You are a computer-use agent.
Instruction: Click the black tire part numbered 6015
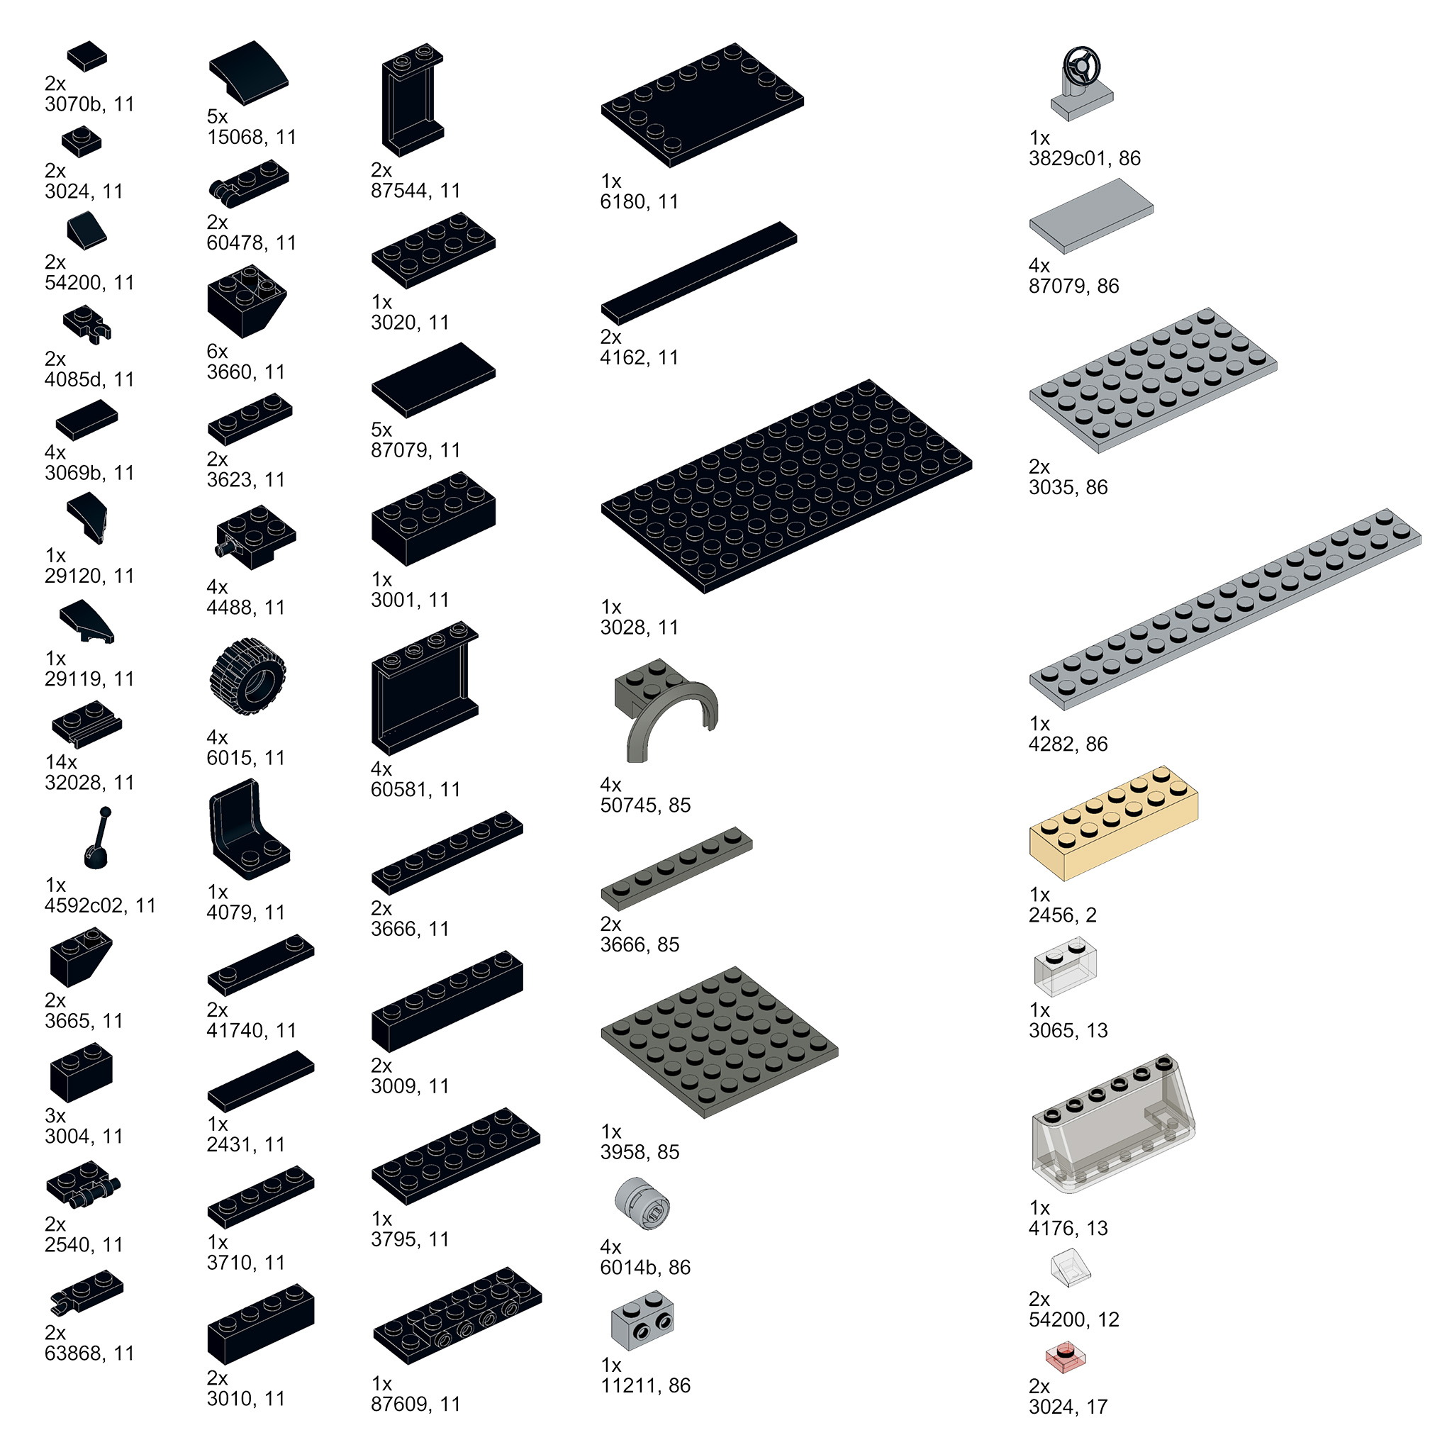pyautogui.click(x=247, y=676)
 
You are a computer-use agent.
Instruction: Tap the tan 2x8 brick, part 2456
pyautogui.click(x=1113, y=822)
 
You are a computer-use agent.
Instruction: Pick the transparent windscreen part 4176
pyautogui.click(x=1113, y=1122)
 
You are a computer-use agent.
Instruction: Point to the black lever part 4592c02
pyautogui.click(x=98, y=838)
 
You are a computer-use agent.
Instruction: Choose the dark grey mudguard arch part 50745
pyautogui.click(x=664, y=710)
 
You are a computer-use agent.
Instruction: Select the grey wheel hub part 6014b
pyautogui.click(x=642, y=1203)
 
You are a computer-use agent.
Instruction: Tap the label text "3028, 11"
pyautogui.click(x=639, y=627)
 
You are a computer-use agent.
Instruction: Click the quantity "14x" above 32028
pyautogui.click(x=61, y=761)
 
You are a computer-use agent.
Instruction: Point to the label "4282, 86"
pyautogui.click(x=1068, y=743)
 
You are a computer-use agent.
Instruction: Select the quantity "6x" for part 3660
pyautogui.click(x=217, y=351)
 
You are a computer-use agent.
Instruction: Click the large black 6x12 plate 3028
pyautogui.click(x=786, y=486)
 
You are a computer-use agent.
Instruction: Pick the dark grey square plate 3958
pyautogui.click(x=719, y=1042)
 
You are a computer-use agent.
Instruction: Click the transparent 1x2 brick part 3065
pyautogui.click(x=1065, y=966)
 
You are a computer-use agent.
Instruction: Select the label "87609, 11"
pyautogui.click(x=415, y=1403)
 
